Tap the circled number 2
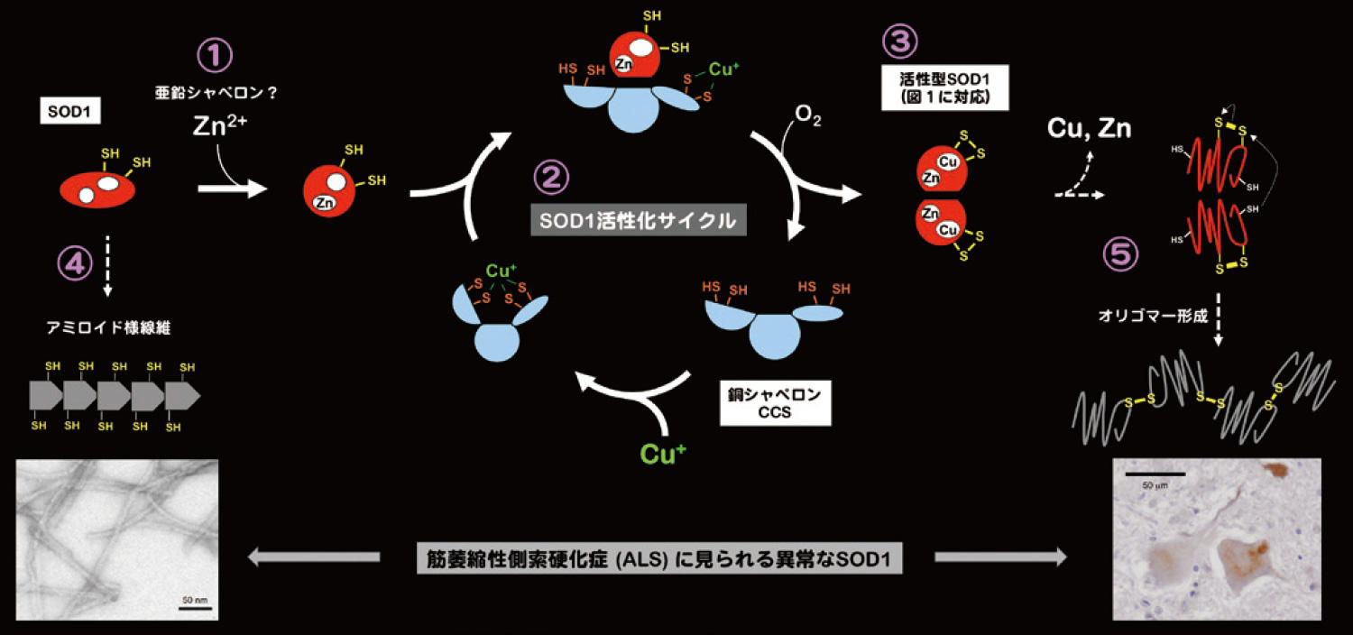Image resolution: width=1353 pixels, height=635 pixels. coord(551,178)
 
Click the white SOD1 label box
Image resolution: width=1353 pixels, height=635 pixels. coord(69,112)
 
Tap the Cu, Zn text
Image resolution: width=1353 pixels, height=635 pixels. coord(1088,129)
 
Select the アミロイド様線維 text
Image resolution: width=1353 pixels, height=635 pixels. coord(108,328)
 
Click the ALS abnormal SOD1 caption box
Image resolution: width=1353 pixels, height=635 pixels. coord(658,559)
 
